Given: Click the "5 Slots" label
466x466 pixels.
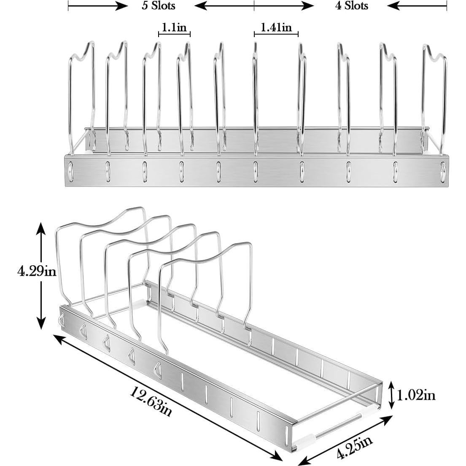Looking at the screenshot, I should click(158, 6).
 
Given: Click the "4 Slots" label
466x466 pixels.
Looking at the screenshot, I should click(351, 6).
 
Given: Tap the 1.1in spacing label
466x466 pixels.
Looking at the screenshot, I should click(175, 28).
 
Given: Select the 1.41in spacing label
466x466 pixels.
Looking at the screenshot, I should click(276, 28).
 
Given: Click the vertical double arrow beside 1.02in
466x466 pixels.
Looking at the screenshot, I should click(392, 395).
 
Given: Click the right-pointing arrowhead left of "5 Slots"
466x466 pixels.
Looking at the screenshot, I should click(122, 6).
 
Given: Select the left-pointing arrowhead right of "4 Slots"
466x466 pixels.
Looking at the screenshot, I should click(393, 6).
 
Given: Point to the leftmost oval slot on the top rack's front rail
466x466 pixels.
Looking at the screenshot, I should click(70, 170).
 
